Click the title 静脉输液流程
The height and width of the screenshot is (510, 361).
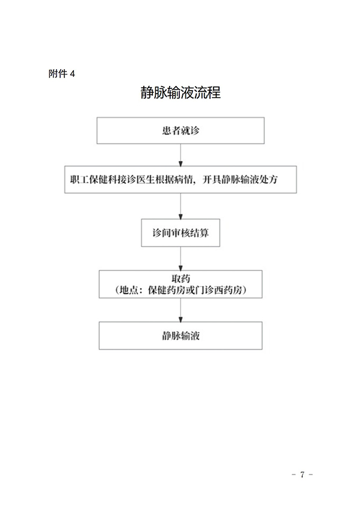point(180,93)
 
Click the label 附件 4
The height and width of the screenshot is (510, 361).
point(62,73)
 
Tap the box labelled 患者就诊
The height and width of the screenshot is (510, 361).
point(180,131)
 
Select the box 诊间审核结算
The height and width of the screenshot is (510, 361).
point(180,232)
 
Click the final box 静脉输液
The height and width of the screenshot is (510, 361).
point(180,336)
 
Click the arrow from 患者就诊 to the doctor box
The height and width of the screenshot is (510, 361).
point(180,156)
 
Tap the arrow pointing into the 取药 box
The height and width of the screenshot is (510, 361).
point(180,258)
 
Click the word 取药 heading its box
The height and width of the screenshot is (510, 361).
point(181,278)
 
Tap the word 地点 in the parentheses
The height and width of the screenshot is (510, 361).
point(129,290)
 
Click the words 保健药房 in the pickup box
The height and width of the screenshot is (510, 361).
point(162,290)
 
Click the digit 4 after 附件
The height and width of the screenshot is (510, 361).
point(73,73)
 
